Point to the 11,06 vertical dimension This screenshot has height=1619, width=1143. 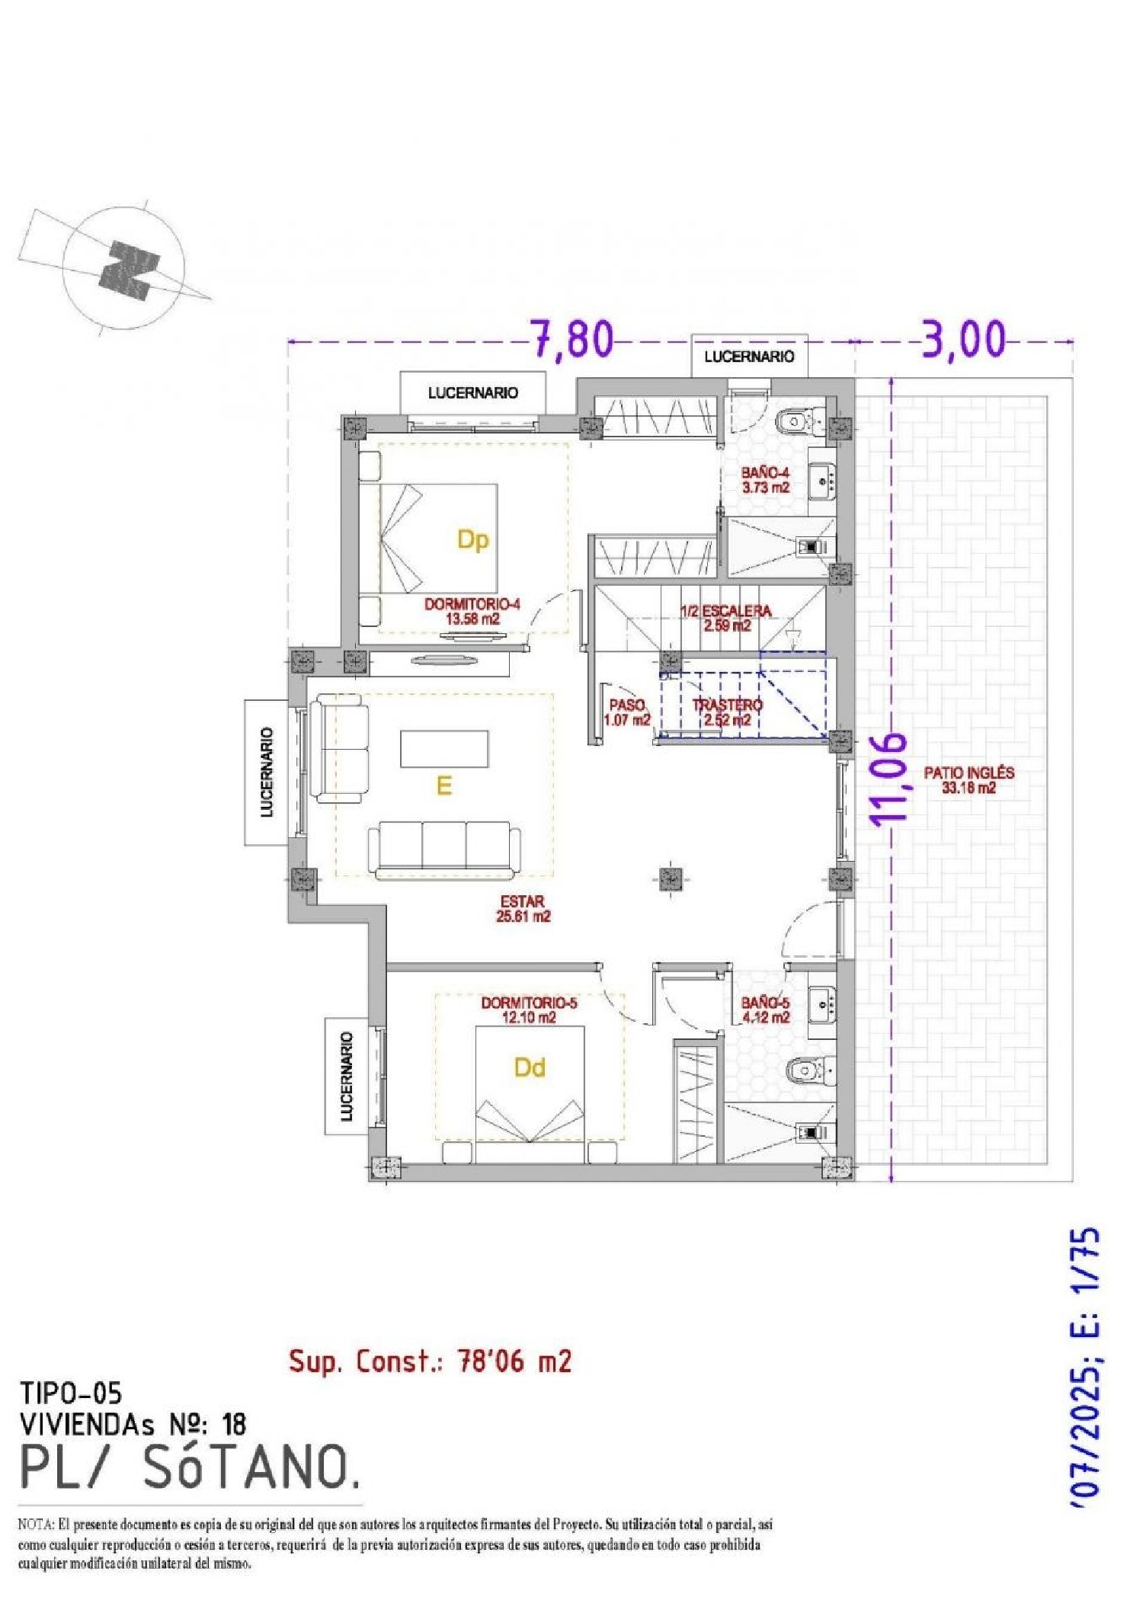pyautogui.click(x=889, y=779)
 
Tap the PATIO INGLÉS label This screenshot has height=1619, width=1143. pyautogui.click(x=969, y=779)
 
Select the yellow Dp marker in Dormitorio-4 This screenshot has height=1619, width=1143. pyautogui.click(x=472, y=539)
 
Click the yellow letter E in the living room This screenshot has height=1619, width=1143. pyautogui.click(x=443, y=786)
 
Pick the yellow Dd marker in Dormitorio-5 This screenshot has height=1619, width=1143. pyautogui.click(x=530, y=1067)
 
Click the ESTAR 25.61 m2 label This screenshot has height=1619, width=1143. pyautogui.click(x=523, y=908)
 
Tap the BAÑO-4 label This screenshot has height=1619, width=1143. pyautogui.click(x=765, y=480)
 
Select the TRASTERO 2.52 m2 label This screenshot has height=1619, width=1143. pyautogui.click(x=727, y=712)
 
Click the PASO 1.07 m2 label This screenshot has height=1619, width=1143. pyautogui.click(x=626, y=712)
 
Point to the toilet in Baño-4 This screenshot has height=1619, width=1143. pyautogui.click(x=797, y=421)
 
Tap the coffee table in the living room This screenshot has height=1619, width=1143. pyautogui.click(x=444, y=748)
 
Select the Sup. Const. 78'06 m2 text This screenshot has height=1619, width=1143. pyautogui.click(x=430, y=1361)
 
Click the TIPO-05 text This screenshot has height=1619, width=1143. pyautogui.click(x=70, y=1393)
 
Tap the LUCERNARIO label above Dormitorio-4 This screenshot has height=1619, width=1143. pyautogui.click(x=472, y=392)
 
